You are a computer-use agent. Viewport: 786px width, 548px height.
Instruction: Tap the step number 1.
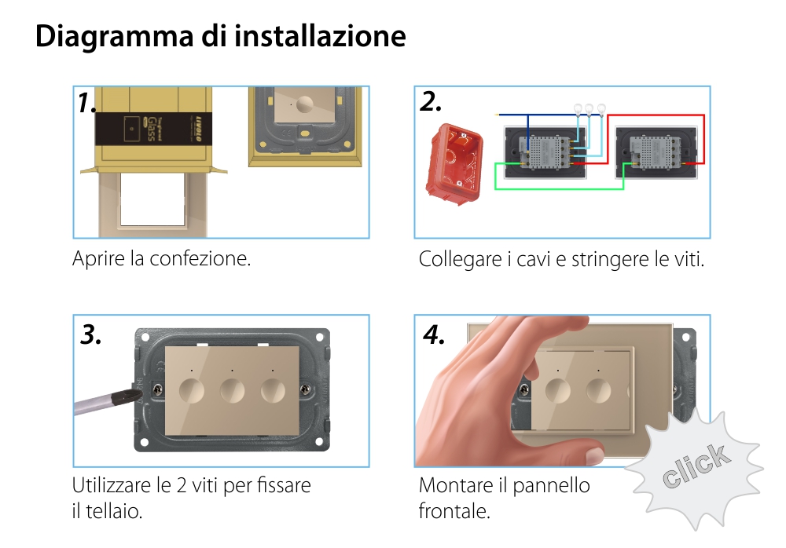87,103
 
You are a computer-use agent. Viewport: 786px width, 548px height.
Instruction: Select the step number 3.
91,335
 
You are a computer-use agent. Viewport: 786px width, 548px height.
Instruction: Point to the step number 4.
434,335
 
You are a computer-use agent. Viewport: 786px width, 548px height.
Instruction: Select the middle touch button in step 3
233,390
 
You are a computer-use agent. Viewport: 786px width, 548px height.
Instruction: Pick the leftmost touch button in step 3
192,390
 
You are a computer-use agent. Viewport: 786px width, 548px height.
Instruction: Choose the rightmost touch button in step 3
274,390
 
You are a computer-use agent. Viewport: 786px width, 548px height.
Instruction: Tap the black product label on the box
152,126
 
